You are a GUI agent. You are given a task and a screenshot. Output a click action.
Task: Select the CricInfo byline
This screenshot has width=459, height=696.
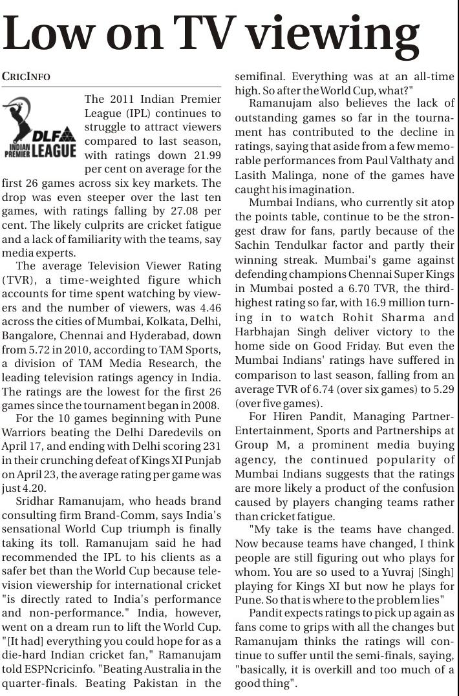coord(26,76)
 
